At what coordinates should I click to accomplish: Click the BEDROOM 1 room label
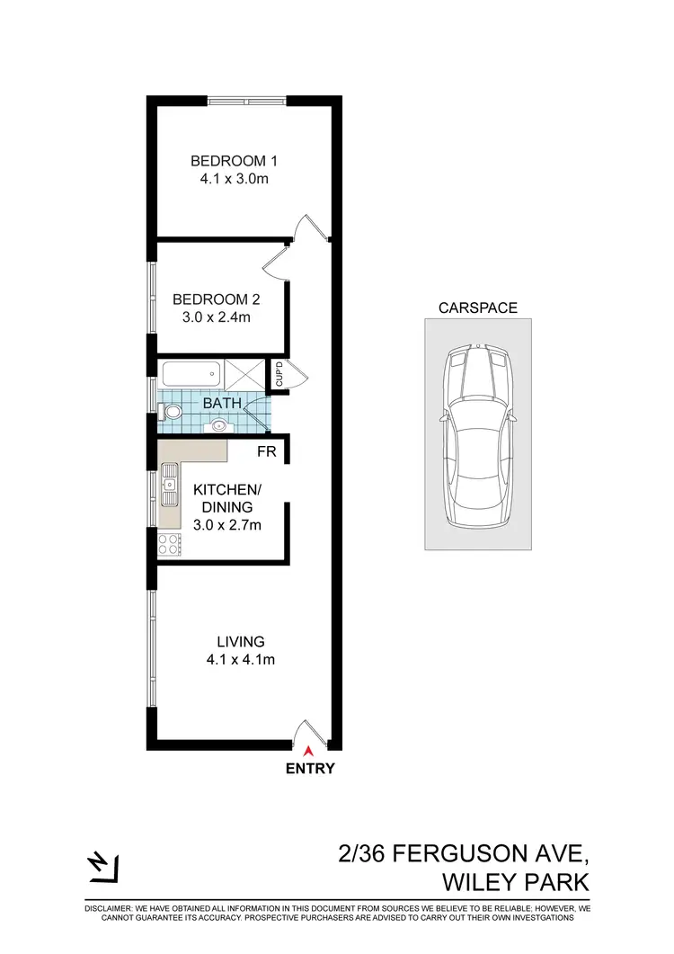tap(234, 161)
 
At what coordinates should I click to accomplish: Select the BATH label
tap(221, 404)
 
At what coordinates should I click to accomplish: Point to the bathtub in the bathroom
tap(191, 373)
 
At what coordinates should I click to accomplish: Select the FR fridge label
tap(266, 451)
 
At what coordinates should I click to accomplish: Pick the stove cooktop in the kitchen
tap(169, 543)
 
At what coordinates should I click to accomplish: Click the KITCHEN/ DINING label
tap(227, 498)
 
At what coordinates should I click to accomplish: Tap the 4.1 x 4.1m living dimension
tap(240, 661)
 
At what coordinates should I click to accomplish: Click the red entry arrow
tap(309, 750)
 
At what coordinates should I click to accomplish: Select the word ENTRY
tap(310, 769)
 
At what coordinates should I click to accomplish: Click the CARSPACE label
tap(477, 308)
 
